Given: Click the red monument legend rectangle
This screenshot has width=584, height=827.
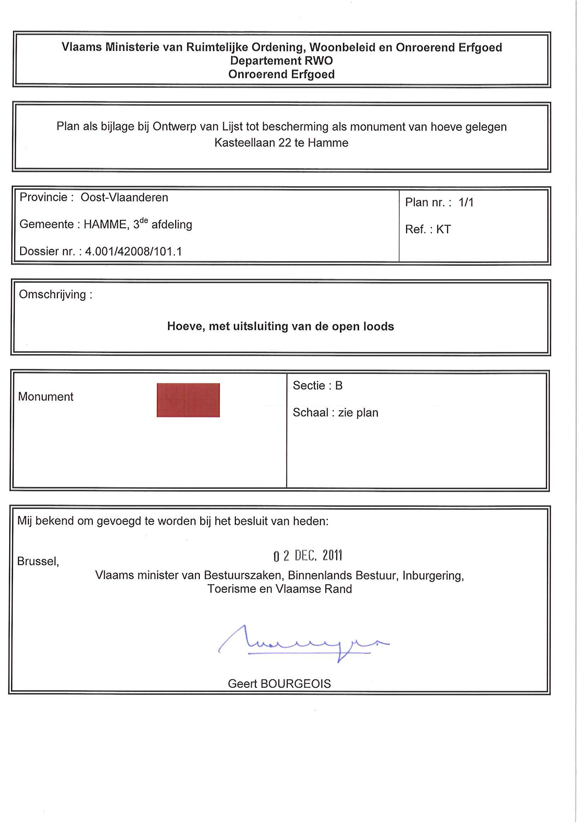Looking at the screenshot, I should tap(188, 400).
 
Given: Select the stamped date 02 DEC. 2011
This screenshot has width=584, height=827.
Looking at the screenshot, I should tap(308, 556).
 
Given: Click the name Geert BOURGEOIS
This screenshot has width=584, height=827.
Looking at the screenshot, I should tap(279, 684).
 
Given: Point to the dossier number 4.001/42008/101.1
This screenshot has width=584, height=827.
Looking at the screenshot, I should tap(133, 251).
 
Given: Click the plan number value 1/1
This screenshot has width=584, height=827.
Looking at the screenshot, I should tap(466, 203).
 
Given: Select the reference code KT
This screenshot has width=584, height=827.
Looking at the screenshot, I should tap(443, 229).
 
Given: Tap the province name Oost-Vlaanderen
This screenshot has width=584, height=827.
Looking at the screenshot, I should tap(124, 198).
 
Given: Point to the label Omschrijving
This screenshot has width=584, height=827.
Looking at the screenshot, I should tap(53, 295).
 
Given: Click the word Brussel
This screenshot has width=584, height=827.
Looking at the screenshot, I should tap(37, 561).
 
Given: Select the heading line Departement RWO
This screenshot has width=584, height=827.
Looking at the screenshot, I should tap(281, 60).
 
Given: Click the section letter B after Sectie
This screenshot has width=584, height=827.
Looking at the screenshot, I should tap(339, 386).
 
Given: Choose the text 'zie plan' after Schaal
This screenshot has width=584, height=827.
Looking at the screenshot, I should tap(358, 413).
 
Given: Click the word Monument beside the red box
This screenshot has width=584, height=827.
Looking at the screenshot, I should tap(46, 397).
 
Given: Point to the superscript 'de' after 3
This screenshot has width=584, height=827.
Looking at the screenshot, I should tap(144, 221).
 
